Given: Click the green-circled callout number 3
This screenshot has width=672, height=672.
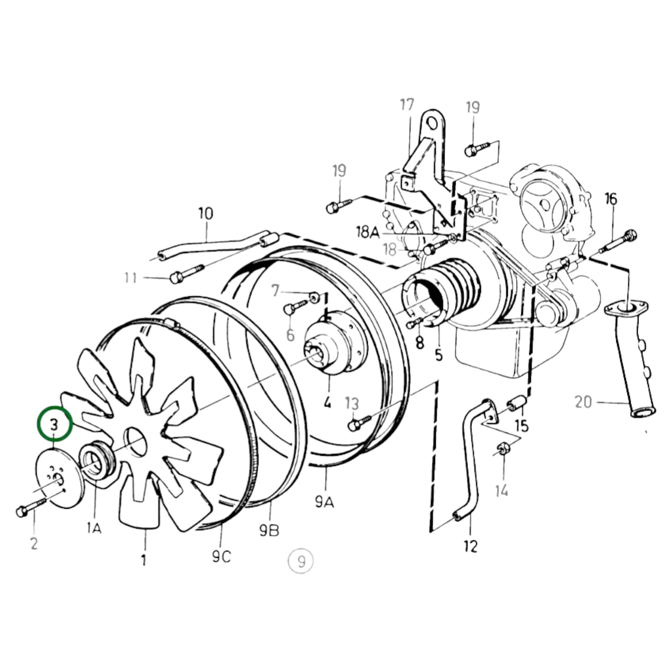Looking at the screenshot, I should [x=55, y=424].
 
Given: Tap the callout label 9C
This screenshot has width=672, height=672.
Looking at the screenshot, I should [x=222, y=556].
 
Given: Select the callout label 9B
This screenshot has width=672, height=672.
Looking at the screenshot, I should [x=269, y=530].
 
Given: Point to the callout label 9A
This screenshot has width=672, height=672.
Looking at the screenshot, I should [x=324, y=501].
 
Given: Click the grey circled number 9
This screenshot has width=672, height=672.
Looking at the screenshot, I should [x=301, y=561].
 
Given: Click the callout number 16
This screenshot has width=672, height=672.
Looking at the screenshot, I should [x=611, y=199].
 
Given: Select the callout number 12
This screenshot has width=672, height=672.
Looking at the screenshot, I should [x=471, y=546].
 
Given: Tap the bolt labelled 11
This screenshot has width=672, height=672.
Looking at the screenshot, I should [x=186, y=273].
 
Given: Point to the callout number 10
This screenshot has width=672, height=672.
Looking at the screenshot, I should [x=206, y=214].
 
